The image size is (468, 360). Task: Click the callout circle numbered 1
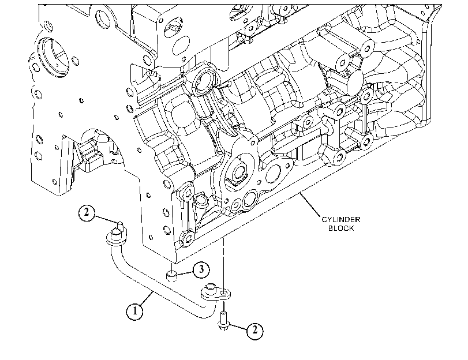click(x=134, y=311)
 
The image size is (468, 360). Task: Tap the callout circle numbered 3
click(x=201, y=269)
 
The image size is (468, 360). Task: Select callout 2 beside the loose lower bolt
click(x=255, y=330)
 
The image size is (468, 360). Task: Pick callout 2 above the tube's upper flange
click(x=87, y=212)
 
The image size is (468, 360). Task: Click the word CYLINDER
click(x=341, y=220)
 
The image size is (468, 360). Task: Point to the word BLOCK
click(x=341, y=228)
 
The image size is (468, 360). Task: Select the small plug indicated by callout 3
click(x=171, y=275)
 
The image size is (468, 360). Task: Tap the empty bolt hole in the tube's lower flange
click(x=223, y=295)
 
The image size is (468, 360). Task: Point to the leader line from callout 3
click(x=185, y=272)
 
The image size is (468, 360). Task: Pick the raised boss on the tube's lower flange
click(x=211, y=287)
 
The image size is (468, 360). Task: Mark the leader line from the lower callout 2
click(x=237, y=327)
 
